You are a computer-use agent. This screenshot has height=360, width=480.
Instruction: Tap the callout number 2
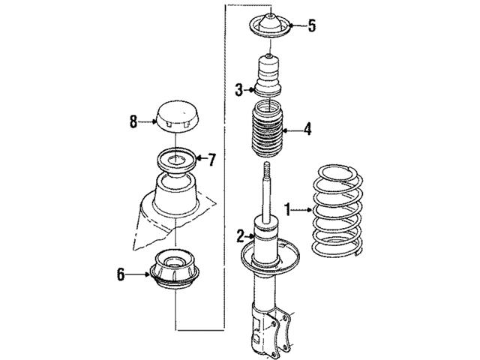coord(241,236)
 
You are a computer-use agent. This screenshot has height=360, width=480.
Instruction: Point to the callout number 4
coord(307,130)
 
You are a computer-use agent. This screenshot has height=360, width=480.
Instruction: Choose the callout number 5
coord(311,26)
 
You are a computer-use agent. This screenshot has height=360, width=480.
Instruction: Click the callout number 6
coord(120,275)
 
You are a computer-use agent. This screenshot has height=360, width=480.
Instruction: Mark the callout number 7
coord(211,159)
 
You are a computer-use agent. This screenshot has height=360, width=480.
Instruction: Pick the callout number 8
coord(133,121)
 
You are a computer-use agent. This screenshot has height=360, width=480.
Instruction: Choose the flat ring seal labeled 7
coord(177,159)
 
